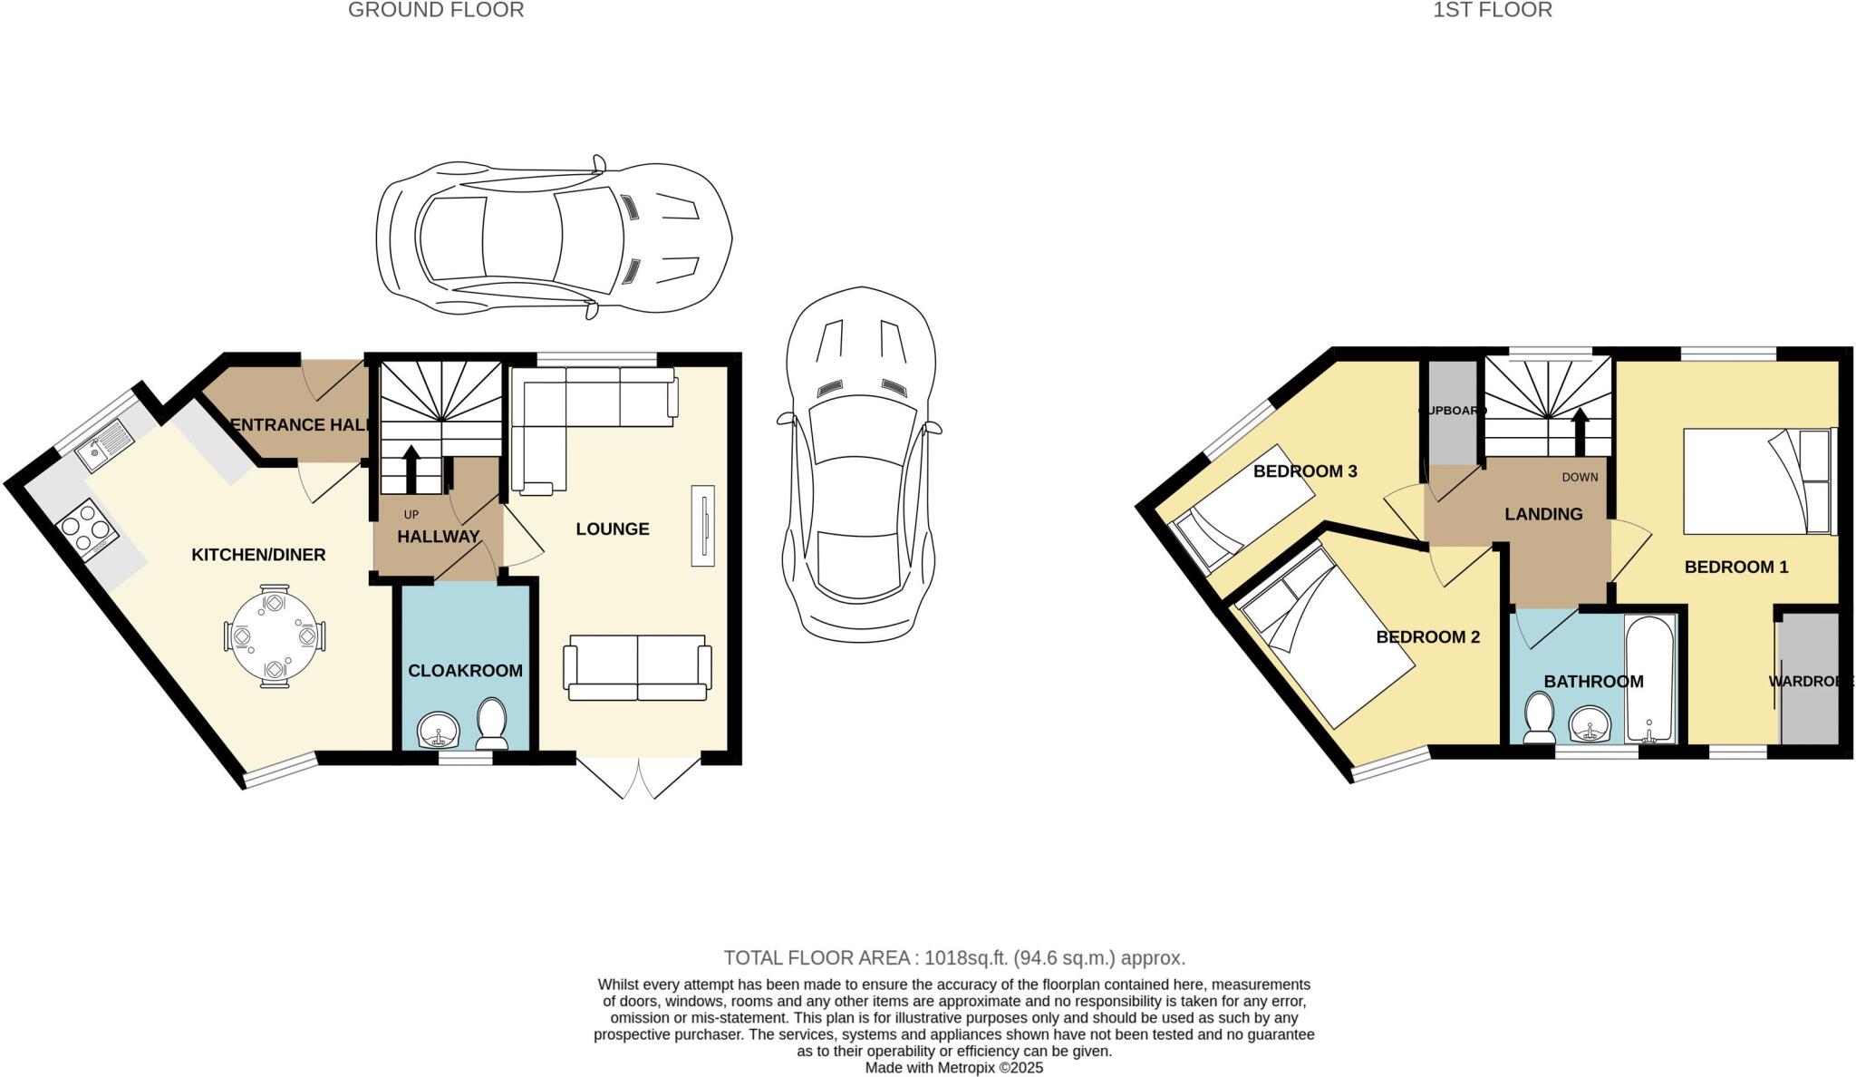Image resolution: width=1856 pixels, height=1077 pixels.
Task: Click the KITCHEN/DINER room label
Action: click(258, 555)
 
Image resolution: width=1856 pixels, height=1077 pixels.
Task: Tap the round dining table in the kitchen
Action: click(273, 636)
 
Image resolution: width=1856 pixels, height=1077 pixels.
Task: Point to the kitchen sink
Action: click(103, 446)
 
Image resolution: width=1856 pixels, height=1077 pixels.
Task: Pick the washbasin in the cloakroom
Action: click(440, 729)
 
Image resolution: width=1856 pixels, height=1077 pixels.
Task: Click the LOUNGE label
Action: click(613, 529)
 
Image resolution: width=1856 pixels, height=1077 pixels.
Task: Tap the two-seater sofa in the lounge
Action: click(637, 667)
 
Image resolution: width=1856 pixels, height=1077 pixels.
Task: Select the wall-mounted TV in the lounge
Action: click(702, 526)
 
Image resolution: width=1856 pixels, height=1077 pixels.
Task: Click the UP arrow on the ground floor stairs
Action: click(411, 468)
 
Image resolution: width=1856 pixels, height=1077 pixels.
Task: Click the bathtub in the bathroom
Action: click(1650, 680)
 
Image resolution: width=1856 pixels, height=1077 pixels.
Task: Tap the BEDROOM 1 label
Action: click(1735, 568)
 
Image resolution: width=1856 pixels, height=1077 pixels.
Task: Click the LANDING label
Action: click(1543, 514)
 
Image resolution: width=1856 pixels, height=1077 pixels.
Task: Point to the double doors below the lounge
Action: click(638, 778)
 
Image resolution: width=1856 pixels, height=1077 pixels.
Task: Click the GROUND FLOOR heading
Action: click(436, 11)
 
